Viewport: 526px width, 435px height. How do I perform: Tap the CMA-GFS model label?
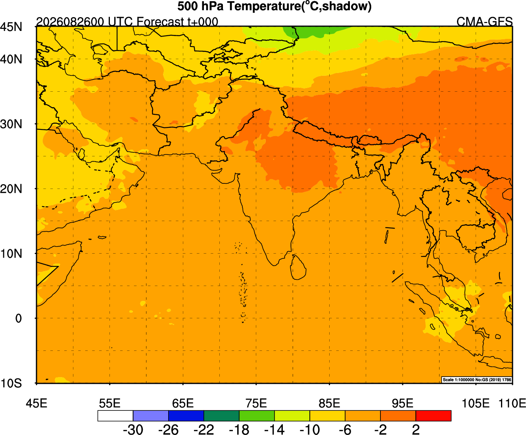pos(484,22)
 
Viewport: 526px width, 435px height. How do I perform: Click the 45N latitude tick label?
pos(11,27)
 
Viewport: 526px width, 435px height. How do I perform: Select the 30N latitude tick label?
pos(11,124)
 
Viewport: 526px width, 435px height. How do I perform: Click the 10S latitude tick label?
pos(11,383)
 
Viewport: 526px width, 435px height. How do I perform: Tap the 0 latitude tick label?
pos(18,318)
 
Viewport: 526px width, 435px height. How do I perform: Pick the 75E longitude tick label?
pos(256,404)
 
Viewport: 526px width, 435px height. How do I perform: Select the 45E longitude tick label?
pos(36,404)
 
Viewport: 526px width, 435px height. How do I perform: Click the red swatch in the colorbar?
pos(433,416)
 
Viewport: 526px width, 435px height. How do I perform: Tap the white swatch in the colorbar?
pos(115,416)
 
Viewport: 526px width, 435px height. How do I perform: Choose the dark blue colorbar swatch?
pos(186,416)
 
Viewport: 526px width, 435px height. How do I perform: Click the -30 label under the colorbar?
pos(133,429)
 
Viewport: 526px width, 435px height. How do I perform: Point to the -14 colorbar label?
pos(275,429)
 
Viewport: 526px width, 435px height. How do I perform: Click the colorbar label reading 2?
pos(416,429)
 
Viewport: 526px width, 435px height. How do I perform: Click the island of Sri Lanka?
pos(298,267)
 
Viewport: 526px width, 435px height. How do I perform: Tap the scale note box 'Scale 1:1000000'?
pos(477,379)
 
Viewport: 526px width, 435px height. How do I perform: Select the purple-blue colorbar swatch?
pos(151,416)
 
